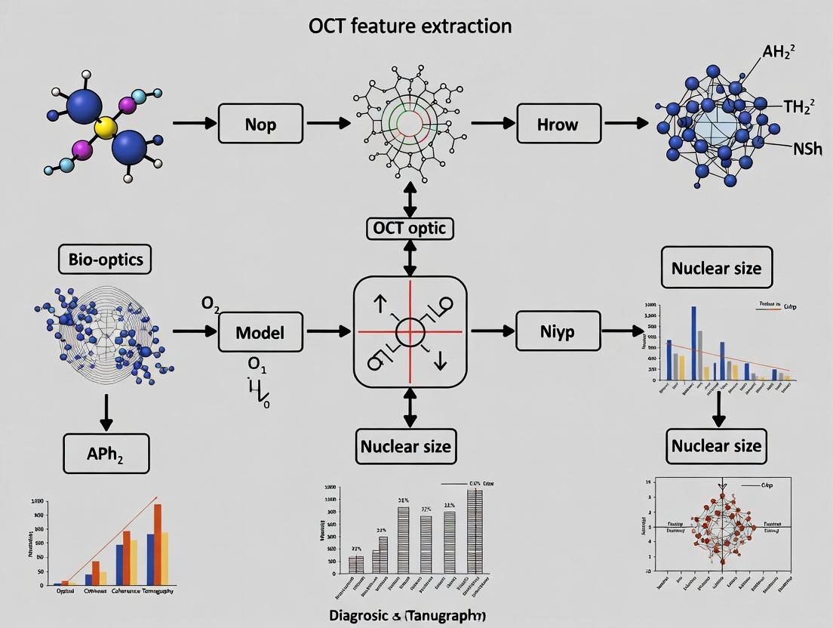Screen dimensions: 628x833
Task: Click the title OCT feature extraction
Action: [410, 26]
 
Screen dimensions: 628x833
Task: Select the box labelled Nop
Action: [260, 123]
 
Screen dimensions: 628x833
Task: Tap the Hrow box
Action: [558, 123]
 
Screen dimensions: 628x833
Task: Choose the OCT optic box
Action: [410, 228]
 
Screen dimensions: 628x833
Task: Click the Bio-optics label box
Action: [105, 260]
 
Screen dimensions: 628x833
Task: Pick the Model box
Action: [260, 331]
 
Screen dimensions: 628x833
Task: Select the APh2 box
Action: [106, 453]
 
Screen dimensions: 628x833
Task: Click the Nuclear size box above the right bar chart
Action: [716, 268]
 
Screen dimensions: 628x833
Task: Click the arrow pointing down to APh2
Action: [106, 411]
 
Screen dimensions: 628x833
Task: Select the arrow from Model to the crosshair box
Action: [328, 331]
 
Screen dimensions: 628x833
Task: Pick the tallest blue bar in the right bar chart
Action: [693, 343]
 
